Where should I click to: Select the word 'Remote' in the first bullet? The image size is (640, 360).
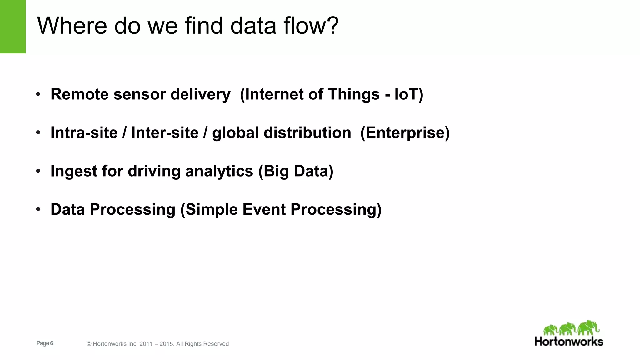(x=80, y=94)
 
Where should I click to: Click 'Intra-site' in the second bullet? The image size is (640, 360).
(x=84, y=133)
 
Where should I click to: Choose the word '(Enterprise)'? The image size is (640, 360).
(x=405, y=133)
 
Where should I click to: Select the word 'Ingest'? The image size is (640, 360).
(x=74, y=172)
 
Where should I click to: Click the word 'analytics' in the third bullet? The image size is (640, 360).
(x=219, y=172)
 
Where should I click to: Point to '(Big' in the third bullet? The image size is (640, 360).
(x=274, y=172)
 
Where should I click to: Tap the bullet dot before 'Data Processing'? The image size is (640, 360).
(x=38, y=209)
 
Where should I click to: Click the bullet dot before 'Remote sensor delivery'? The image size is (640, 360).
(x=38, y=94)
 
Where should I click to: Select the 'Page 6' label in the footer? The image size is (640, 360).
(x=45, y=343)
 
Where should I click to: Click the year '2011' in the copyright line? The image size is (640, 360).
(x=146, y=344)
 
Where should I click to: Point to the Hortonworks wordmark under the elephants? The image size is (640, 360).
(x=569, y=342)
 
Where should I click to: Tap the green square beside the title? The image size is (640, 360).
(x=13, y=27)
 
